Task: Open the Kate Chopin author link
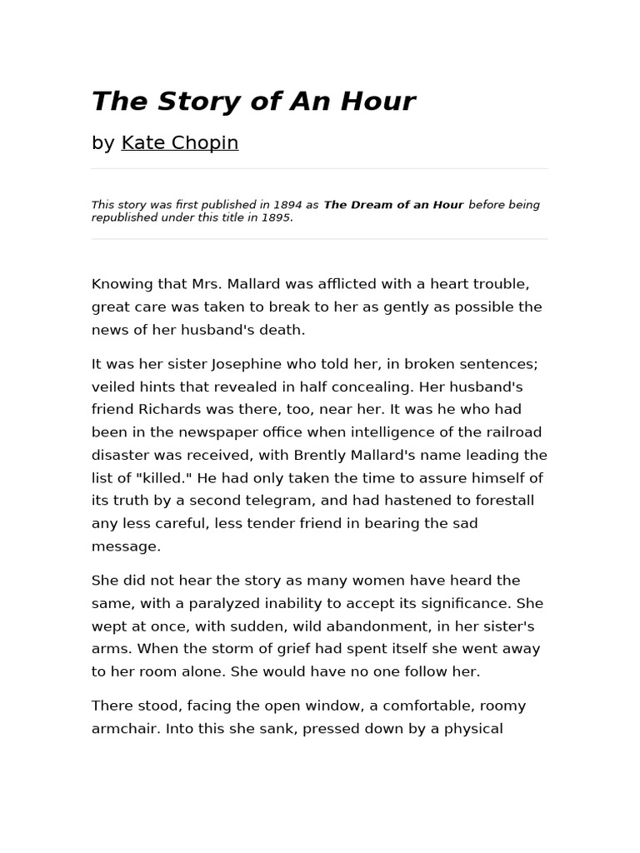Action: point(180,142)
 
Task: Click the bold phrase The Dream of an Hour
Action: point(393,205)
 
